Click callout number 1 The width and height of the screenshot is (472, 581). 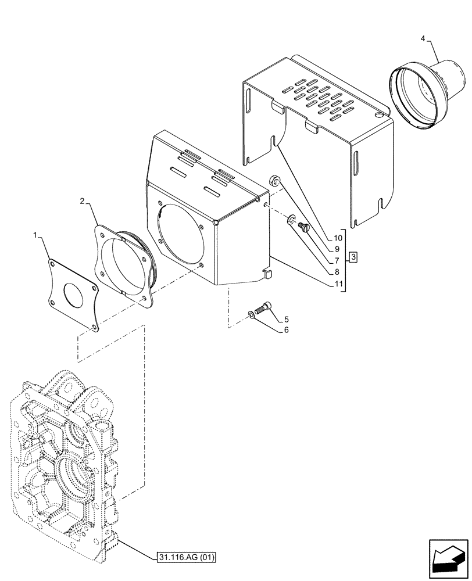[35, 235]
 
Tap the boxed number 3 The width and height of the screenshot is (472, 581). [353, 256]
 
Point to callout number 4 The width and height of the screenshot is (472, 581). [423, 38]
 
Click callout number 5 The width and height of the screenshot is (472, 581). [286, 319]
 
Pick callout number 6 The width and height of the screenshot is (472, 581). [286, 330]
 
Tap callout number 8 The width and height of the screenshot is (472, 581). [337, 272]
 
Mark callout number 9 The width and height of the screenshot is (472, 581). [337, 249]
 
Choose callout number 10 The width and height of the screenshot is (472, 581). [337, 238]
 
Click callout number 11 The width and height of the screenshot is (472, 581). [337, 285]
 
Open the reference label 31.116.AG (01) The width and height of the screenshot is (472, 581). [185, 558]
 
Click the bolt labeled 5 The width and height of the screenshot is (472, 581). [263, 309]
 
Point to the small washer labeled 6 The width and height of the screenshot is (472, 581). [250, 314]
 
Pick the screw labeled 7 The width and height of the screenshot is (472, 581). [301, 228]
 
